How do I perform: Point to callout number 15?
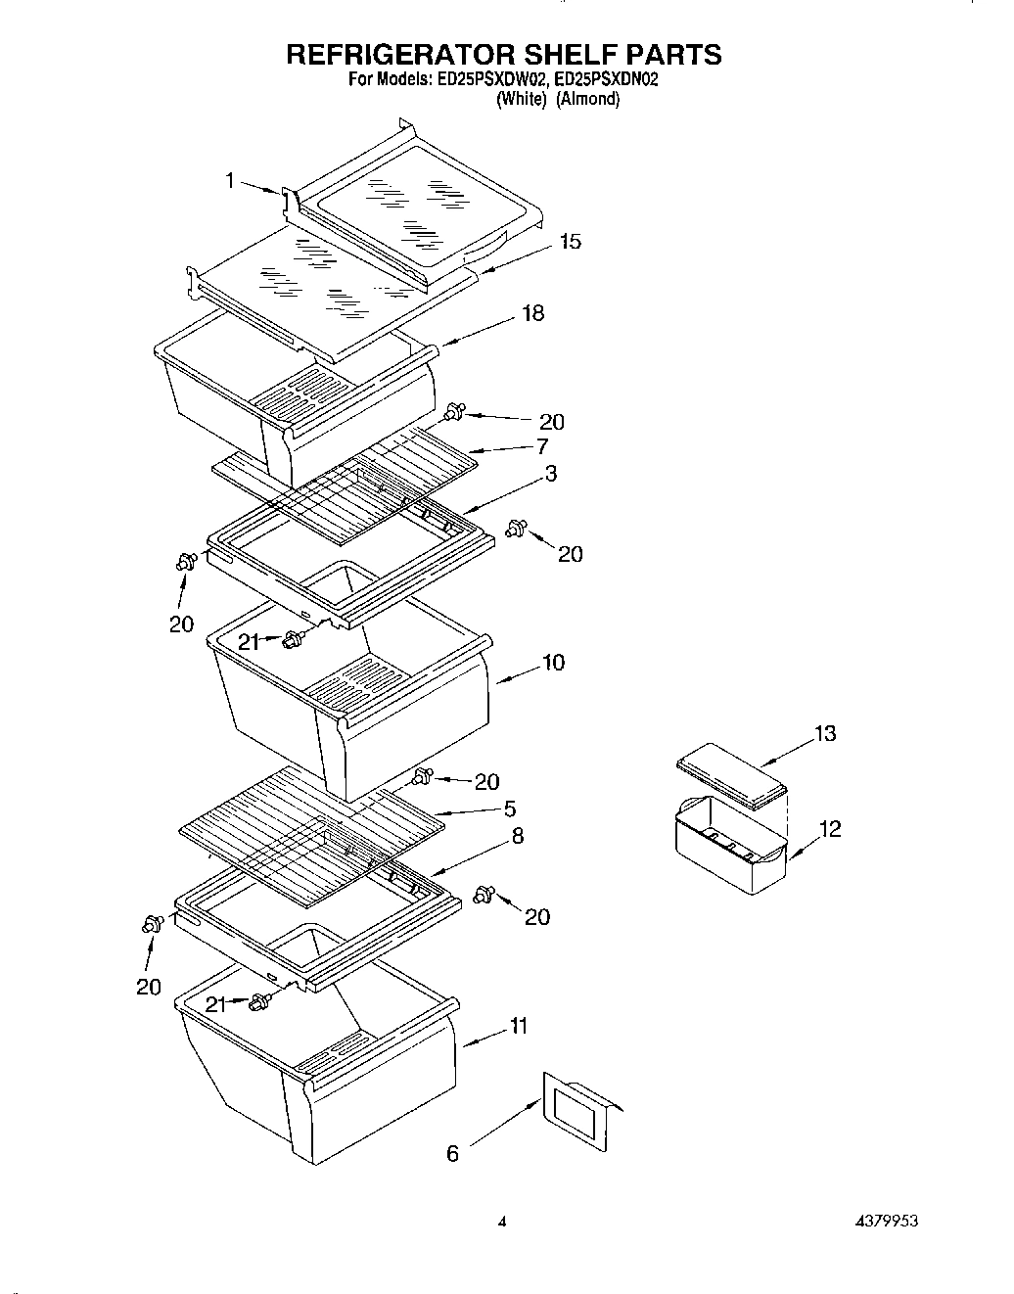coord(570,241)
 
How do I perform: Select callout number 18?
coord(533,313)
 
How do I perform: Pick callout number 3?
coord(551,474)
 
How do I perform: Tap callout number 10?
coord(553,663)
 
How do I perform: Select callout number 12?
coord(829,829)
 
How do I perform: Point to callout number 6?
coord(452,1154)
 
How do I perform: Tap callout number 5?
coord(510,809)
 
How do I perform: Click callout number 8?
coord(517,836)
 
